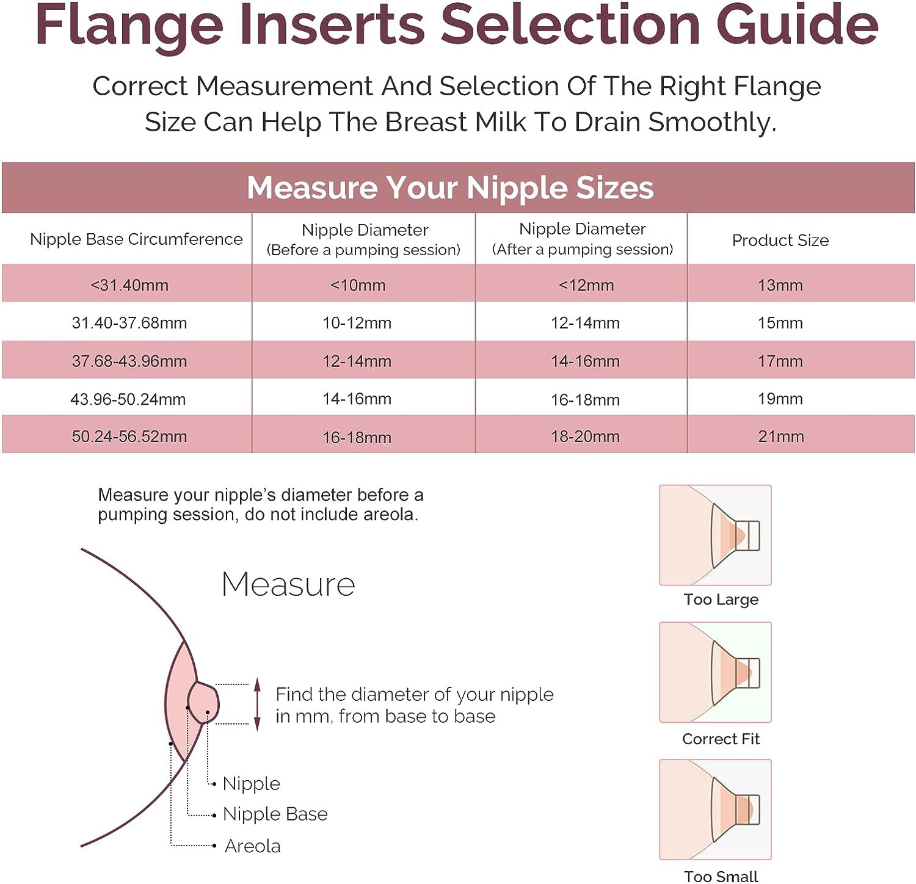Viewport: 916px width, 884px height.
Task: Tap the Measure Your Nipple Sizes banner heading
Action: point(450,187)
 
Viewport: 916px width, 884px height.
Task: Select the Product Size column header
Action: point(780,240)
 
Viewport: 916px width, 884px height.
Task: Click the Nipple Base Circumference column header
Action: point(136,239)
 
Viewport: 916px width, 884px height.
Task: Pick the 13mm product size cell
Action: point(780,285)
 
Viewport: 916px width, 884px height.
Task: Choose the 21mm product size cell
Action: point(780,437)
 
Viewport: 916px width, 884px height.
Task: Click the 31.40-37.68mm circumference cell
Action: point(129,323)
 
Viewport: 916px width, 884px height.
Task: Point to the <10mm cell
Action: point(358,285)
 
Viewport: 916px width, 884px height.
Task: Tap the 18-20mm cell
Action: point(585,437)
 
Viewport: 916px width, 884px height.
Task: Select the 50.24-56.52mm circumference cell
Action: point(129,437)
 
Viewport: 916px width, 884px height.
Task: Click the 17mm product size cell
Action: point(780,361)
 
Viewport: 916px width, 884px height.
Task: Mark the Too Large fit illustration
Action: point(715,535)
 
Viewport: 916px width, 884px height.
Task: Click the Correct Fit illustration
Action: point(715,672)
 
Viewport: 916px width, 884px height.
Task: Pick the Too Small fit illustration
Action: point(715,810)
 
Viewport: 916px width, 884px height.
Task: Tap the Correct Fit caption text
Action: point(721,739)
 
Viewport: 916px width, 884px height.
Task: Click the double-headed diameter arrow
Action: point(258,704)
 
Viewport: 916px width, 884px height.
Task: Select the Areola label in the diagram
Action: point(252,846)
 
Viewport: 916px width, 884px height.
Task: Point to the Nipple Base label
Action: point(275,814)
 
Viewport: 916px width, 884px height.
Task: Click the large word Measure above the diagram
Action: point(288,584)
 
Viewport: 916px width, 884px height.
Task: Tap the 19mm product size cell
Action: point(780,399)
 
